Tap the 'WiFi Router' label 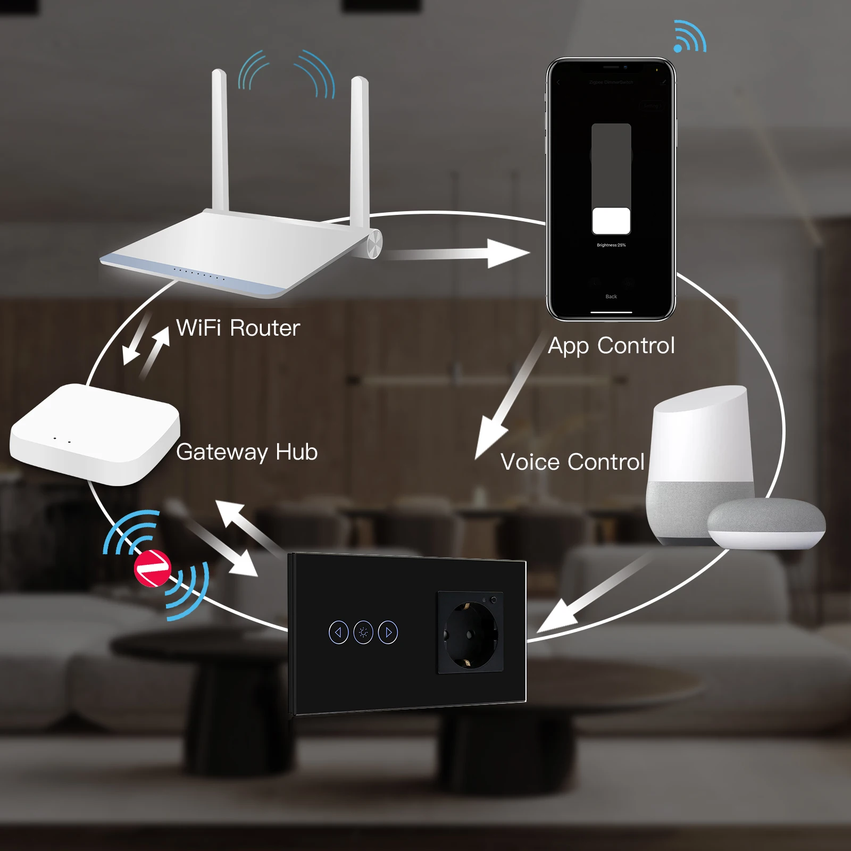pyautogui.click(x=238, y=328)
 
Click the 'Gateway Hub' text pyautogui.click(x=247, y=452)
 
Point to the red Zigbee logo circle pyautogui.click(x=152, y=568)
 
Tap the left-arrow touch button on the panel pyautogui.click(x=339, y=632)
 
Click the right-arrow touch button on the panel pyautogui.click(x=388, y=632)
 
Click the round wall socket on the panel pyautogui.click(x=470, y=633)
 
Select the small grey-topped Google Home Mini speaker pyautogui.click(x=766, y=524)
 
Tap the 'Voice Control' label pyautogui.click(x=572, y=462)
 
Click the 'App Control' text pyautogui.click(x=611, y=346)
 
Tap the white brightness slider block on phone pyautogui.click(x=611, y=221)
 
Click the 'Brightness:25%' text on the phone pyautogui.click(x=611, y=245)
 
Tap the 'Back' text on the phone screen pyautogui.click(x=611, y=296)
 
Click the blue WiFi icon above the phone pyautogui.click(x=689, y=37)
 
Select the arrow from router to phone pyautogui.click(x=457, y=254)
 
